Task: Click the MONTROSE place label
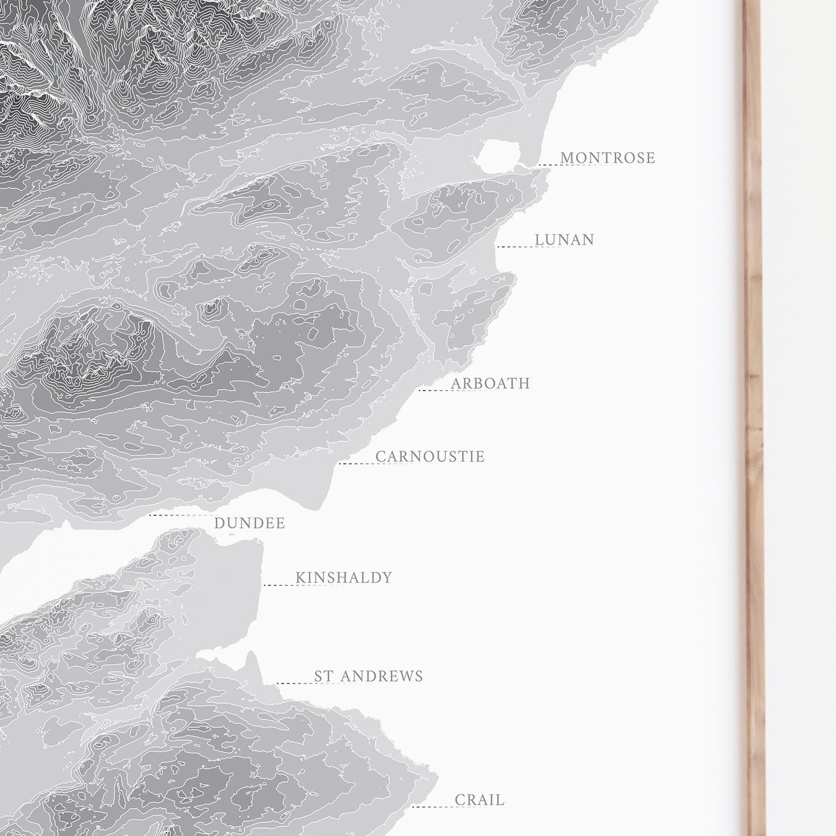[607, 157]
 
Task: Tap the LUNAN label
[564, 240]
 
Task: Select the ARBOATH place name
[490, 383]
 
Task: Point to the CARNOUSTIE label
[430, 456]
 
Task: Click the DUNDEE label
[249, 523]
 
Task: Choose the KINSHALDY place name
[344, 577]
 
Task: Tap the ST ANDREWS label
[369, 676]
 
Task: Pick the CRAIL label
[480, 800]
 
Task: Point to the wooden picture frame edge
[753, 405]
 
